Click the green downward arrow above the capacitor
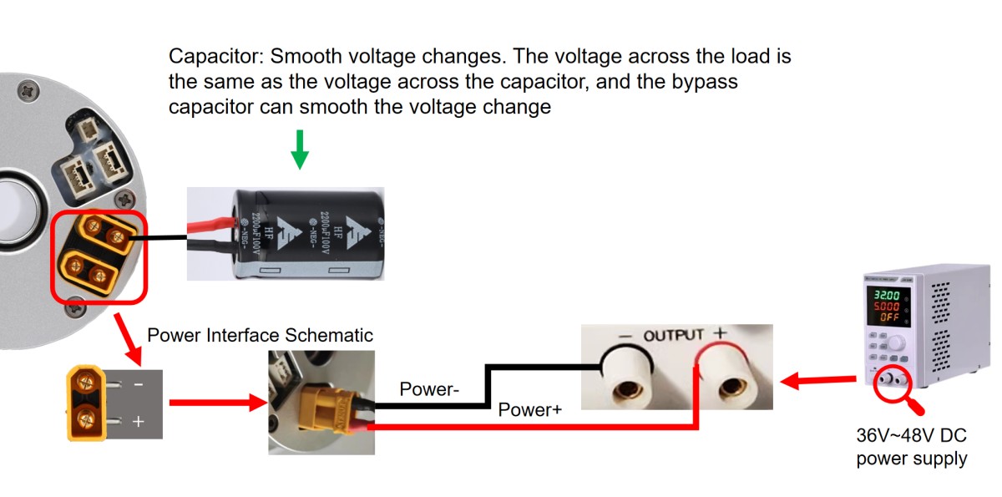tap(300, 150)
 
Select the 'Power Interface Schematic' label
tap(260, 335)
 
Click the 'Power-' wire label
tap(428, 389)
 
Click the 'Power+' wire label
tap(529, 410)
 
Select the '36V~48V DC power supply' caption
tap(911, 448)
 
